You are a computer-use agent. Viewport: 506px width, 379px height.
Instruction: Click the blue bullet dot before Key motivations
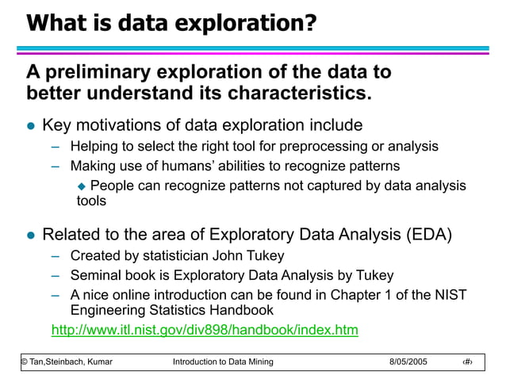32,126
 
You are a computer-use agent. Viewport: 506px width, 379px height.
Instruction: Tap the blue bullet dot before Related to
32,235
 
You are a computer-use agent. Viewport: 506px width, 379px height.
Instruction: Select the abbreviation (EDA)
429,235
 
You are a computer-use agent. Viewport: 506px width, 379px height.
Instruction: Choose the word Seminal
95,276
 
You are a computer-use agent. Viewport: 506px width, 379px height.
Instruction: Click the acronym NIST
451,296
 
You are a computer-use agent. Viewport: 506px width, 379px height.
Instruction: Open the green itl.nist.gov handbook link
204,329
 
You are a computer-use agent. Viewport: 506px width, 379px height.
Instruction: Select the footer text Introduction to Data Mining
222,362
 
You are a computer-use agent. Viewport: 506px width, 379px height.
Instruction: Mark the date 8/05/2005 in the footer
408,362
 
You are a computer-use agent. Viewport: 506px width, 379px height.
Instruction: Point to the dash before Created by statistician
56,255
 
